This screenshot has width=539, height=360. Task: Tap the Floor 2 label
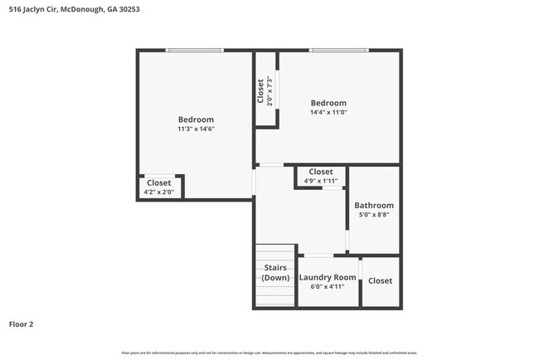point(22,324)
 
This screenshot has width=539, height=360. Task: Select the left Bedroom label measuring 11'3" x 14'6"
point(196,119)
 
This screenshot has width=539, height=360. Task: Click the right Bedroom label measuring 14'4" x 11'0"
point(328,103)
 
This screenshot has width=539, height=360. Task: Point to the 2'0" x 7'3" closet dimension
point(269,90)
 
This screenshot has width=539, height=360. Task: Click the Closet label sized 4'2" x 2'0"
point(158,182)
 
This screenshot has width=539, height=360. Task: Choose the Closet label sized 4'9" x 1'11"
point(320,172)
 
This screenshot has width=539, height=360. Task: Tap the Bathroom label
point(374,205)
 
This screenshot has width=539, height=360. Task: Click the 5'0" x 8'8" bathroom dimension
point(374,215)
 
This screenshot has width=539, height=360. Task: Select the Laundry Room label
point(328,277)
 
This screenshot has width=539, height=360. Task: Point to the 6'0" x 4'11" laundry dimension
point(328,287)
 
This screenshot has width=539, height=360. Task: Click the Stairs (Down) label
point(275,272)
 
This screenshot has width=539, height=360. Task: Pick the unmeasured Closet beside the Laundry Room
point(380,280)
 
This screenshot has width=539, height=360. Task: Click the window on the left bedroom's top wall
point(194,51)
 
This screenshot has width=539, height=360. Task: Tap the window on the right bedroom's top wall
point(338,51)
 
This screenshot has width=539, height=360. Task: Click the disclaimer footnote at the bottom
point(269,352)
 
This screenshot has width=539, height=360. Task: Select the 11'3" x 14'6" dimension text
point(196,129)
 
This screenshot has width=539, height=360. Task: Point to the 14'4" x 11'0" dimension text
point(328,112)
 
